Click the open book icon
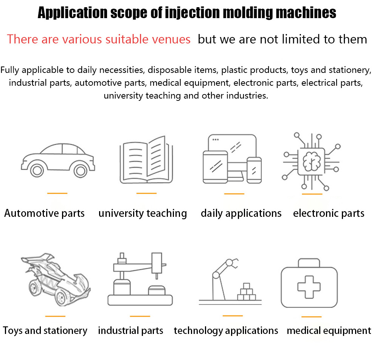[146, 160]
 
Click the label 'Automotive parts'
[44, 213]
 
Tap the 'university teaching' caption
[143, 213]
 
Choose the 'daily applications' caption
[241, 213]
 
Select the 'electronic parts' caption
[329, 213]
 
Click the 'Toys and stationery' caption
[45, 331]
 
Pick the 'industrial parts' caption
[130, 331]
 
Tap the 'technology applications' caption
[226, 331]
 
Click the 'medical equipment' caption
[329, 331]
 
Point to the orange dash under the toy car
[55, 316]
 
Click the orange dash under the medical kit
[312, 317]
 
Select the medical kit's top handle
[309, 263]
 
